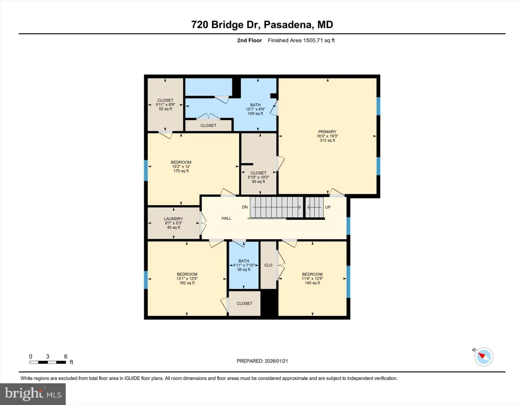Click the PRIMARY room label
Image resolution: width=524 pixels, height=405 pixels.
coord(327,131)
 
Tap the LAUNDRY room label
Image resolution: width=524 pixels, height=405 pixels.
coord(173,219)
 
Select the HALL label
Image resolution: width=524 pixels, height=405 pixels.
coord(227,218)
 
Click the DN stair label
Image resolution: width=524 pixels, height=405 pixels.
coord(245,207)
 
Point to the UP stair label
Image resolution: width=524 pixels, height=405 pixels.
coord(328,207)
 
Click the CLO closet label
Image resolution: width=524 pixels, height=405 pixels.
coord(268,265)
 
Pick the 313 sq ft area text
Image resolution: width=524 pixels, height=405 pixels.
coord(327,140)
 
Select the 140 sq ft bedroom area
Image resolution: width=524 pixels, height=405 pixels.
coord(313,283)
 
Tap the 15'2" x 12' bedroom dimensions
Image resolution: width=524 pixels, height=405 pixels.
coord(181,166)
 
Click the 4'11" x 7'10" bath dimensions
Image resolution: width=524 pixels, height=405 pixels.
coord(244,265)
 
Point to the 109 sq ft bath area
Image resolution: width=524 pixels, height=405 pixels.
coord(255,114)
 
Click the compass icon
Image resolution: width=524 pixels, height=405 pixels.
coord(484,356)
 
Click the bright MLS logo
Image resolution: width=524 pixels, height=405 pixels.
coord(33,394)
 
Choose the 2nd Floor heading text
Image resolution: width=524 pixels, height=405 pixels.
coord(250,40)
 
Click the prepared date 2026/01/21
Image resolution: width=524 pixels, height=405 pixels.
coord(276,361)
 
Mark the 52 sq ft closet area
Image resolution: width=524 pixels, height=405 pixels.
coord(165,109)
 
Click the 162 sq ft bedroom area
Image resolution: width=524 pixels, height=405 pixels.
coord(187,283)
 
